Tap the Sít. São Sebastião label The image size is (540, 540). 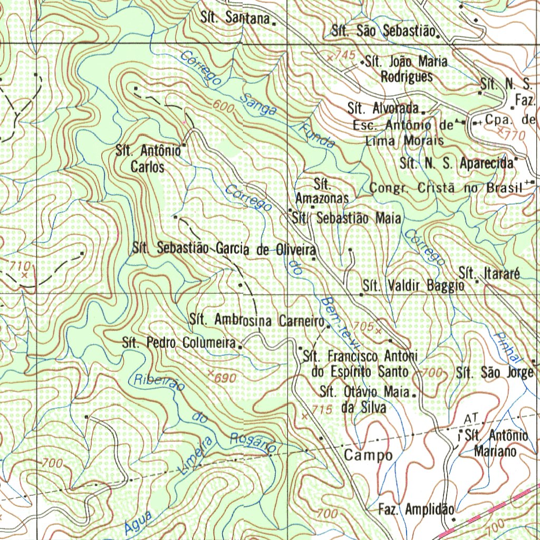[x=383, y=31]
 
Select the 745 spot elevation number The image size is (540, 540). [x=345, y=55]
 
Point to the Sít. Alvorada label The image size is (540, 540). [x=383, y=109]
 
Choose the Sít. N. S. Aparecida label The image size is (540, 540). [x=457, y=163]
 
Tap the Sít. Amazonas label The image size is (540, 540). [x=322, y=192]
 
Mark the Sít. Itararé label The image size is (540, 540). [x=489, y=274]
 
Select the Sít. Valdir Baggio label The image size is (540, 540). [x=414, y=286]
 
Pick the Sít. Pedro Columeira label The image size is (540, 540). [x=178, y=343]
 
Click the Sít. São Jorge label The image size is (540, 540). [x=495, y=373]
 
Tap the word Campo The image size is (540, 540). [x=368, y=455]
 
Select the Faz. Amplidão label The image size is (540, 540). [x=416, y=509]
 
